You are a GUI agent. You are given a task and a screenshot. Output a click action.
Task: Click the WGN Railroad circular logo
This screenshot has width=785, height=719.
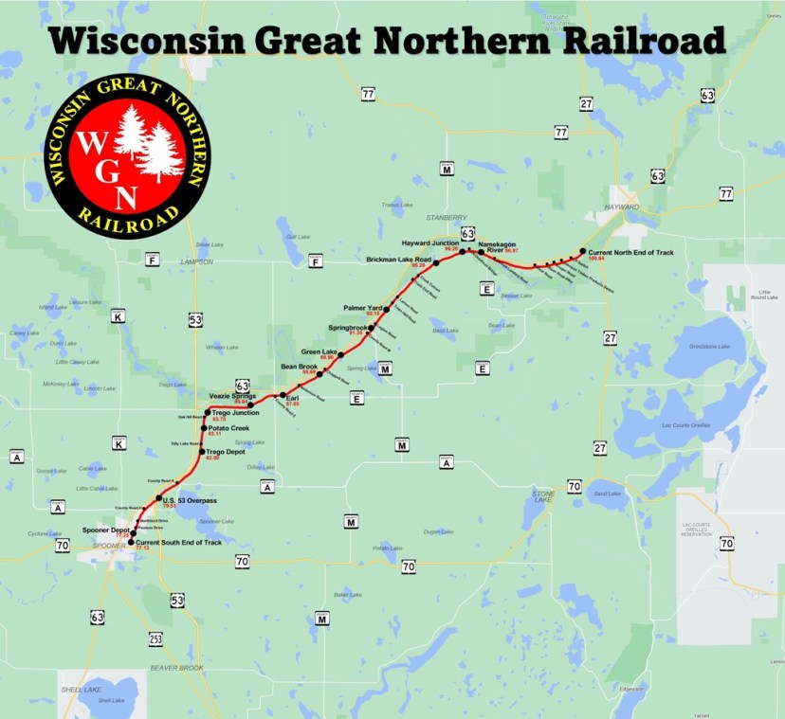click(x=127, y=152)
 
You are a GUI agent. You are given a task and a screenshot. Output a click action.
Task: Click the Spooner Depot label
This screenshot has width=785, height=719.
click(x=106, y=530)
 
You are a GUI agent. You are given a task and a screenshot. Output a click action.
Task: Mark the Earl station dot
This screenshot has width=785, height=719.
click(x=283, y=395)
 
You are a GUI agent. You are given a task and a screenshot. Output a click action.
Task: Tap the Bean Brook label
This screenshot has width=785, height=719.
click(x=299, y=366)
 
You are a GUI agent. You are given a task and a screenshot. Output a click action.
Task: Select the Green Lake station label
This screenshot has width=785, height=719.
click(x=319, y=351)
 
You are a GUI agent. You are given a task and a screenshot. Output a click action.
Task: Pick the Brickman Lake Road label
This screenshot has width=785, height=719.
click(x=399, y=260)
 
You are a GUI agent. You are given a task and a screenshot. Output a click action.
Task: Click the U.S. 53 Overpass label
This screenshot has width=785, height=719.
click(x=190, y=500)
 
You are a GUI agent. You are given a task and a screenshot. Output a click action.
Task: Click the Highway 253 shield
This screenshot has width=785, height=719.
click(x=155, y=640)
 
